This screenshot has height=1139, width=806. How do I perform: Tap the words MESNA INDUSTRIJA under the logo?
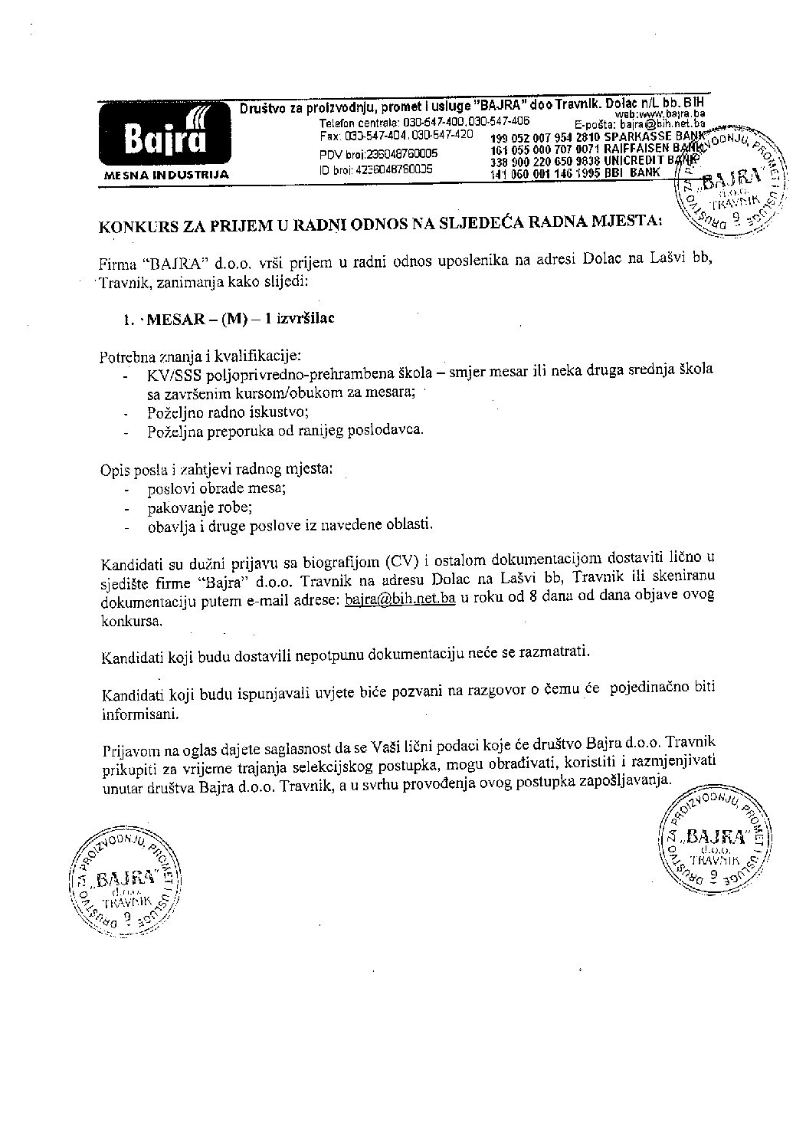click(x=165, y=176)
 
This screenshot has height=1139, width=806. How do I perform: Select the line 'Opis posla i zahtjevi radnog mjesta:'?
click(x=216, y=468)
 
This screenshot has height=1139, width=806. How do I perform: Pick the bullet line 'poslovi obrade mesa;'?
click(x=216, y=488)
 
